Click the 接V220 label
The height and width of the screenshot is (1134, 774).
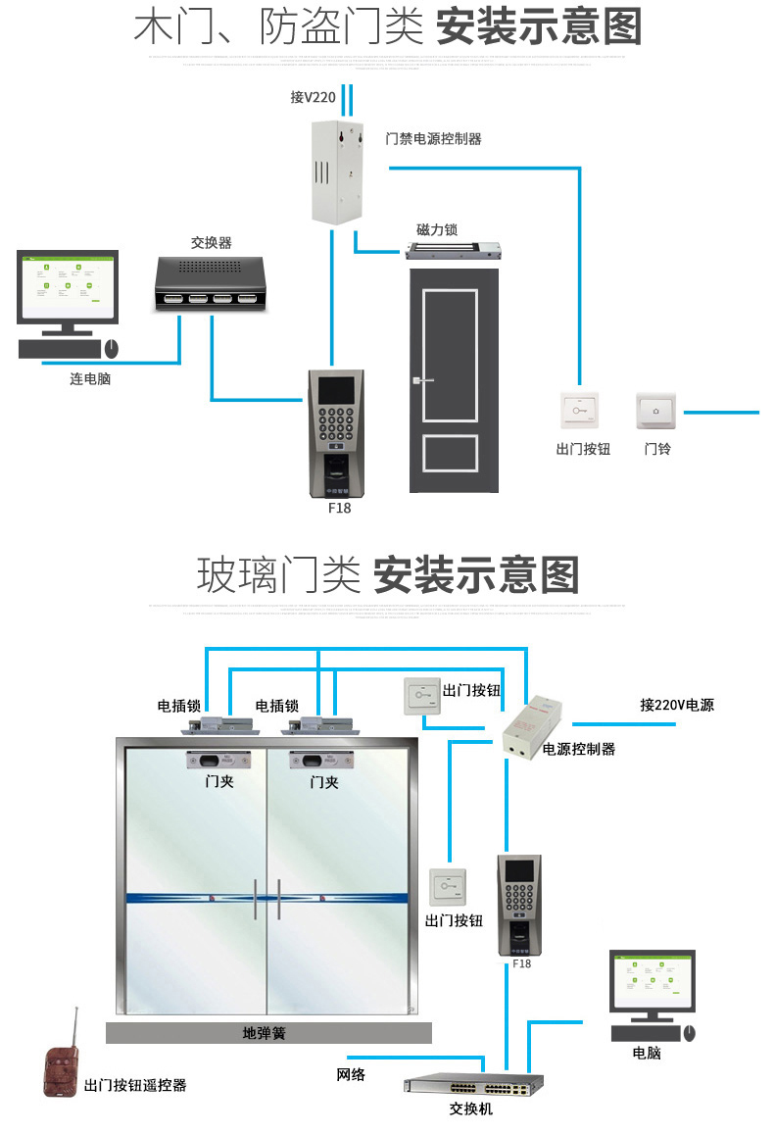point(314,97)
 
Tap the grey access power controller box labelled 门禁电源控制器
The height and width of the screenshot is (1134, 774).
point(335,171)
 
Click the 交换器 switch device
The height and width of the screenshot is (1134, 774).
point(212,283)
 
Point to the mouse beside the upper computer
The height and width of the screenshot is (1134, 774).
point(111,348)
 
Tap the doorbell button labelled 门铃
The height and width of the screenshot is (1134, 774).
point(656,411)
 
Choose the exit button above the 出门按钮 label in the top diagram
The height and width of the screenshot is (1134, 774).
point(578,411)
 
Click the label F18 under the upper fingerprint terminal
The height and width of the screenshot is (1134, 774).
point(339,509)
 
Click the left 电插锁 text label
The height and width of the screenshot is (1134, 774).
point(179,705)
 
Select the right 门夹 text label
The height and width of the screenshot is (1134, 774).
point(323,782)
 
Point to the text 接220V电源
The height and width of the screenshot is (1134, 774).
point(677,705)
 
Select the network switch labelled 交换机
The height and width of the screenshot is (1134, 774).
point(472,1086)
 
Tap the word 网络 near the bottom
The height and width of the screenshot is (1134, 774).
point(351,1074)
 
